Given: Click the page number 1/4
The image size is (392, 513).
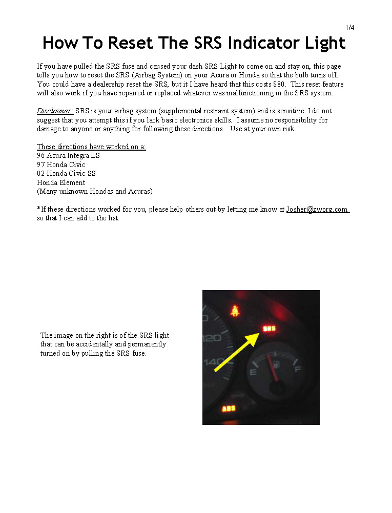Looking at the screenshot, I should pos(350,28).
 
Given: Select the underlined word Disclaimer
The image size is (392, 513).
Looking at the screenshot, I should pos(55,111).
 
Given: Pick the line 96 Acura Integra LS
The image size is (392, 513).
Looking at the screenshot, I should pos(68,155).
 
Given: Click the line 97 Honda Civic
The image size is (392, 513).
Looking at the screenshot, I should pos(61,165).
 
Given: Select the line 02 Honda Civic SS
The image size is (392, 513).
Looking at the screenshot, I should pos(66,173).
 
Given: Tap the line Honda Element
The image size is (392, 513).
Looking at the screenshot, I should pos(61,182).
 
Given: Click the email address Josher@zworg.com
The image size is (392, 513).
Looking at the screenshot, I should pos(317,210).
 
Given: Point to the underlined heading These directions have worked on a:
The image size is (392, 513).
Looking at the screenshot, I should pos(91,147).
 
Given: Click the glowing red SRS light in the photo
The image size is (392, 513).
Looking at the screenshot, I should pos(268,328).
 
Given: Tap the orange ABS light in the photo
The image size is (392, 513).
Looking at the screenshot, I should pos(229,408).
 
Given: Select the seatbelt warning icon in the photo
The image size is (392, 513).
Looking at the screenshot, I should pos(236,311).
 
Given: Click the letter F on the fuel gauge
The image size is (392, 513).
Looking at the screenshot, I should pos(297,368).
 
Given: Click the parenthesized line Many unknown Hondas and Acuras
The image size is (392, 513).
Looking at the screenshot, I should pos(94,191).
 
